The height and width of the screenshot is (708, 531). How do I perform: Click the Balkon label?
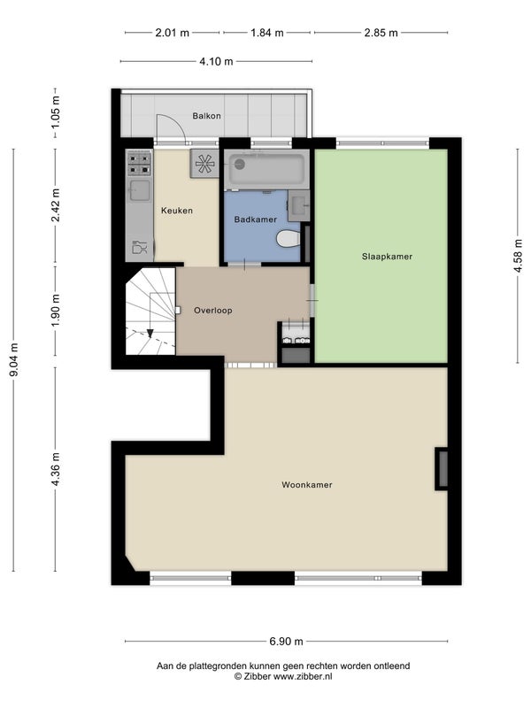(206, 116)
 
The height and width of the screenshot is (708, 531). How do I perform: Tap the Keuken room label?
(177, 211)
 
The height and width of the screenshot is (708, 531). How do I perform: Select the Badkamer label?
(255, 219)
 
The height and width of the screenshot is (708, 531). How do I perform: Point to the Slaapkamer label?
(387, 257)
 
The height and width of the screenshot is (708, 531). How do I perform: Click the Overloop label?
(213, 311)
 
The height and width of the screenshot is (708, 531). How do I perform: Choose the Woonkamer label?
(307, 485)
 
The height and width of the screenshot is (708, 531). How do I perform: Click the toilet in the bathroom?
(289, 238)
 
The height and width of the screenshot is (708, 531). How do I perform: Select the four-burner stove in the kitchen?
(139, 164)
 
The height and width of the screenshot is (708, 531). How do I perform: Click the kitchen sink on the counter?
(140, 190)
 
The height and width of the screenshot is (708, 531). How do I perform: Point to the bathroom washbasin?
(299, 206)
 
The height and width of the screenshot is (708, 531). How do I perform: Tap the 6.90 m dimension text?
(286, 641)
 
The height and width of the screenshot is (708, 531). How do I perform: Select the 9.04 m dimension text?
(15, 360)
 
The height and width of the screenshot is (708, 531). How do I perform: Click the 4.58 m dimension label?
(519, 256)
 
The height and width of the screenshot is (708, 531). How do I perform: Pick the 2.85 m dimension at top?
(381, 33)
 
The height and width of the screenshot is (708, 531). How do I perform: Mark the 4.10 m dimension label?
(216, 61)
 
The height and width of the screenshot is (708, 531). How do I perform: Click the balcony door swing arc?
(175, 123)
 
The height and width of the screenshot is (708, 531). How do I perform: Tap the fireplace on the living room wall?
(442, 469)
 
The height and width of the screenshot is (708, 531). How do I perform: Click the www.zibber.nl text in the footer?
(303, 676)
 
